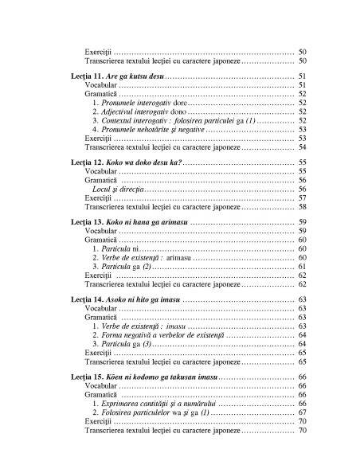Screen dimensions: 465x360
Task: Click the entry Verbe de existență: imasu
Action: pos(133,326)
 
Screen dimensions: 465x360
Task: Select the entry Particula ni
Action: pos(116,248)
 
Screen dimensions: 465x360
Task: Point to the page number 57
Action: pos(303,198)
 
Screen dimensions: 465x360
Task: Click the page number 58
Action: pos(303,207)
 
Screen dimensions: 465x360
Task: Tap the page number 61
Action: pos(303,267)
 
